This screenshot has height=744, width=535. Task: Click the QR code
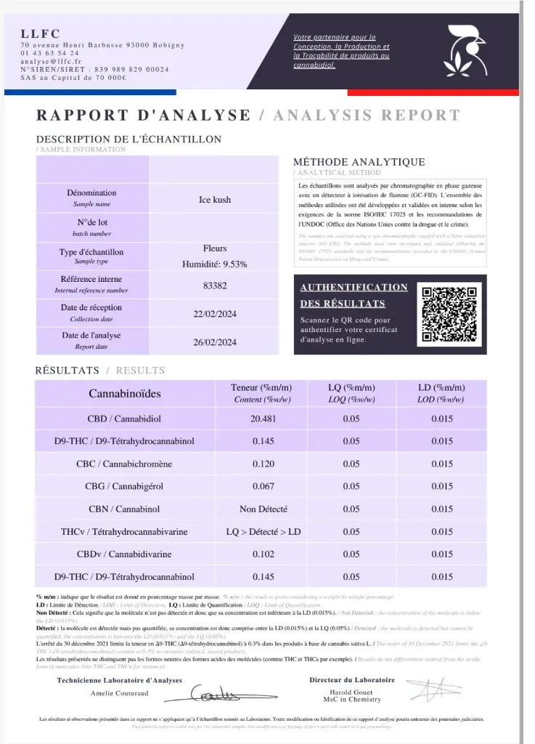pyautogui.click(x=450, y=314)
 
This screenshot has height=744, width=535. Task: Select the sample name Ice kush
pyautogui.click(x=215, y=200)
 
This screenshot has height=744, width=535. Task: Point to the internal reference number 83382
pyautogui.click(x=215, y=286)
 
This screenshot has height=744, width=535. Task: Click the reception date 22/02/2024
pyautogui.click(x=215, y=314)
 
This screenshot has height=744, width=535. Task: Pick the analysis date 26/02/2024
pyautogui.click(x=215, y=342)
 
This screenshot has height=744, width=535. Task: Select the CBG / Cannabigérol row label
pyautogui.click(x=125, y=487)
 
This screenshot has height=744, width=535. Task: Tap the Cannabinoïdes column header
pyautogui.click(x=125, y=394)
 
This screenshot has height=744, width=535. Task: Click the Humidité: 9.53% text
pyautogui.click(x=215, y=264)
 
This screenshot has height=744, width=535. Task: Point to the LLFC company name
pyautogui.click(x=41, y=33)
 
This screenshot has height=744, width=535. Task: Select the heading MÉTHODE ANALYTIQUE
pyautogui.click(x=359, y=162)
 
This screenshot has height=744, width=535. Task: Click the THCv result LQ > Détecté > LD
pyautogui.click(x=263, y=532)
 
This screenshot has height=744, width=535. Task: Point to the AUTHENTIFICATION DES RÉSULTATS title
pyautogui.click(x=354, y=295)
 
